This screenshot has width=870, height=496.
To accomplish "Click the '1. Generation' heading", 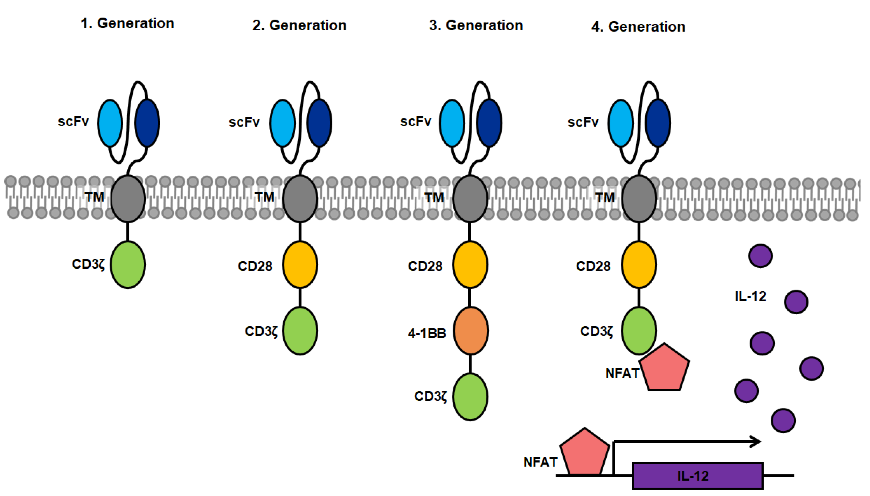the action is pos(127,24).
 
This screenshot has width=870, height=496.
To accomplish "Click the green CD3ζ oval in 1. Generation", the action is pos(128,265).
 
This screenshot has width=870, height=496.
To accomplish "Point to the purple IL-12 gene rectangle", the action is pos(697,475).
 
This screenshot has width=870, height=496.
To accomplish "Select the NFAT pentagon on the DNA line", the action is pos(584,452).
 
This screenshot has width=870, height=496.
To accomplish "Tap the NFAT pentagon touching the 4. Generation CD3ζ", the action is pos(664,367).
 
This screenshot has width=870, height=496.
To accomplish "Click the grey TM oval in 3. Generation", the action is pos(470,199).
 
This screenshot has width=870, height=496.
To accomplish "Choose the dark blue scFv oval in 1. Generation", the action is pos(147,123).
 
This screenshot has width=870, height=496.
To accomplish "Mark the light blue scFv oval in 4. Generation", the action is pos(621,123).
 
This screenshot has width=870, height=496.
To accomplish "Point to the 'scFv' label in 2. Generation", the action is pos(244,122).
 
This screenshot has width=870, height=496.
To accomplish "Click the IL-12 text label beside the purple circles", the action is pos(750,296).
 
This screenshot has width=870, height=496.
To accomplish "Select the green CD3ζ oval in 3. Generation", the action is pos(470,397).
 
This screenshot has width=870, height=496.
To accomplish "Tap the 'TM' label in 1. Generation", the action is pos(94,197).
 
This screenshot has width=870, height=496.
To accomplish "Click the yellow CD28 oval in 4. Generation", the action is pos(639,265).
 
